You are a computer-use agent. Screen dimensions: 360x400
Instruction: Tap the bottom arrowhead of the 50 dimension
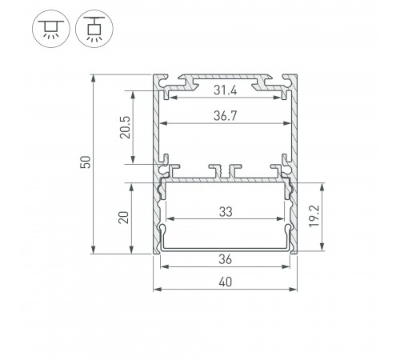94,250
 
